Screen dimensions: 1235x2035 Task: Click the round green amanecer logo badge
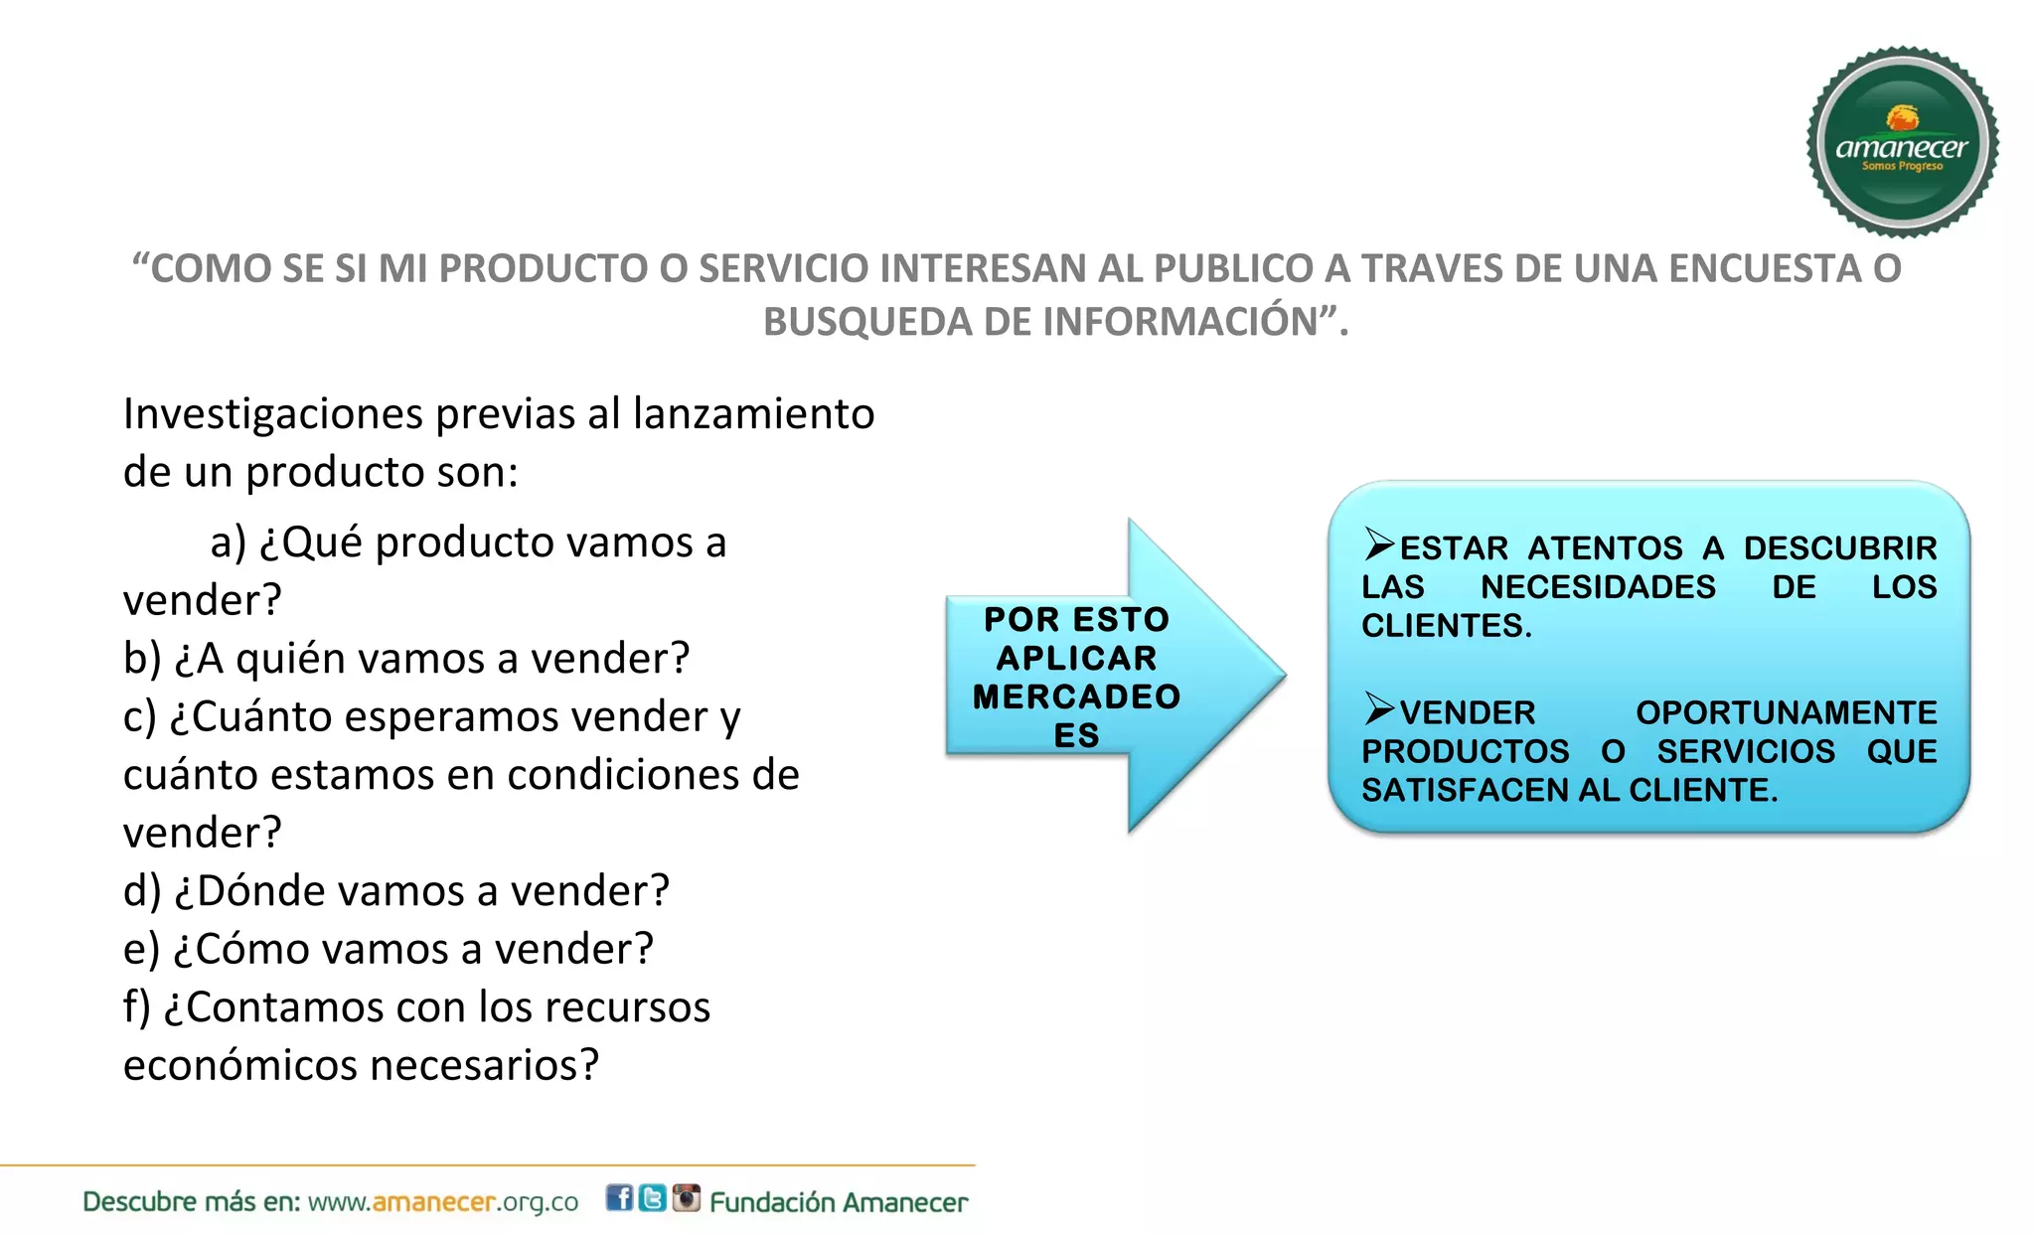pyautogui.click(x=1902, y=142)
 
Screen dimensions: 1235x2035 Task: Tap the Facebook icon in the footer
pyautogui.click(x=619, y=1198)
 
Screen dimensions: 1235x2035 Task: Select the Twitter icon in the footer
pyautogui.click(x=652, y=1198)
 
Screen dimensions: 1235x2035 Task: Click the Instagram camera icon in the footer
pyautogui.click(x=686, y=1198)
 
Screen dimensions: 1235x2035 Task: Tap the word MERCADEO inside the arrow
pyautogui.click(x=1076, y=696)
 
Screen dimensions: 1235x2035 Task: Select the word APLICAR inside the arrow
pyautogui.click(x=1076, y=658)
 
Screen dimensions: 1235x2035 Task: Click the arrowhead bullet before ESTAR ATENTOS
pyautogui.click(x=1378, y=544)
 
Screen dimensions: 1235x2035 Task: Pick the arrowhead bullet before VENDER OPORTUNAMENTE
pyautogui.click(x=1378, y=709)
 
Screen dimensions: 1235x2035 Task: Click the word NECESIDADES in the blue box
pyautogui.click(x=1597, y=587)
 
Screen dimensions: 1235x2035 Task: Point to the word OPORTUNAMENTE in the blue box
pyautogui.click(x=1786, y=713)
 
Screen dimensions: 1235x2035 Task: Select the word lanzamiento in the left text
pyautogui.click(x=753, y=414)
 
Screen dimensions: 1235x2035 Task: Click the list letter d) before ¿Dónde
pyautogui.click(x=142, y=891)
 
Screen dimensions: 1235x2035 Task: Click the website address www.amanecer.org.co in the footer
pyautogui.click(x=443, y=1202)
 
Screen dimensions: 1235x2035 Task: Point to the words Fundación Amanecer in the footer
pyautogui.click(x=839, y=1203)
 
